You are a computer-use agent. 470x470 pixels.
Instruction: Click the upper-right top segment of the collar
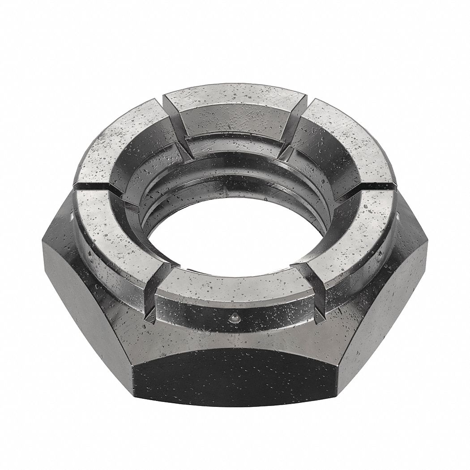[x=345, y=134]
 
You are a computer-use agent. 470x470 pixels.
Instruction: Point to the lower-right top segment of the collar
[x=354, y=228]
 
